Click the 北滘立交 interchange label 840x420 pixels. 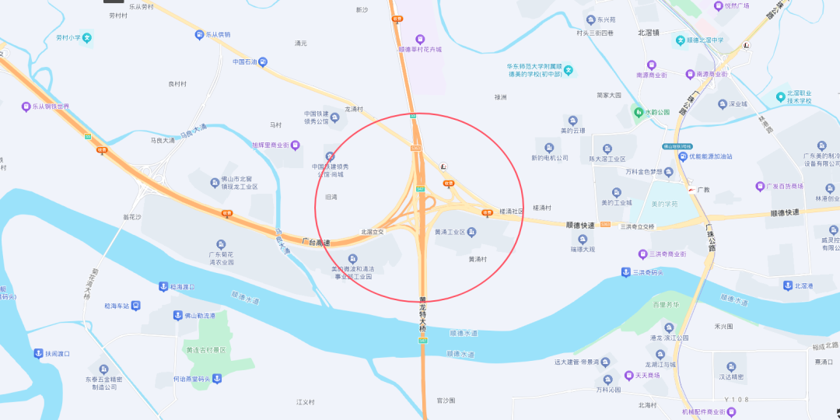[x=373, y=232]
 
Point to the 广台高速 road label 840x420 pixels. [x=316, y=242]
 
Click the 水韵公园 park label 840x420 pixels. [x=657, y=112]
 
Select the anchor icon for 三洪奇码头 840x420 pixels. [x=625, y=271]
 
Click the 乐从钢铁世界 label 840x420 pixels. [x=51, y=107]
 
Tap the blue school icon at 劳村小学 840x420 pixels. [x=88, y=37]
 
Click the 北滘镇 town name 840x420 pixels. [x=648, y=33]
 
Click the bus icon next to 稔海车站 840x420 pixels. [x=135, y=306]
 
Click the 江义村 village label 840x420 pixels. [x=305, y=402]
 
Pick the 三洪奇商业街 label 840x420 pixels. [x=667, y=254]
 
